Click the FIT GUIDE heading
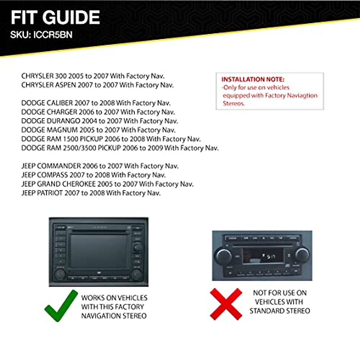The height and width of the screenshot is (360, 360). click(55, 17)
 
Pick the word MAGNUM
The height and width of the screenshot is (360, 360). click(62, 130)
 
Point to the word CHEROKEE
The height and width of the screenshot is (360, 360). click(79, 184)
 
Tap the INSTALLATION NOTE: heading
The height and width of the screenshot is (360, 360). click(253, 79)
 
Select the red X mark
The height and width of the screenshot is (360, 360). click(226, 304)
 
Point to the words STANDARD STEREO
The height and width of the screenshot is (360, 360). click(280, 311)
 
